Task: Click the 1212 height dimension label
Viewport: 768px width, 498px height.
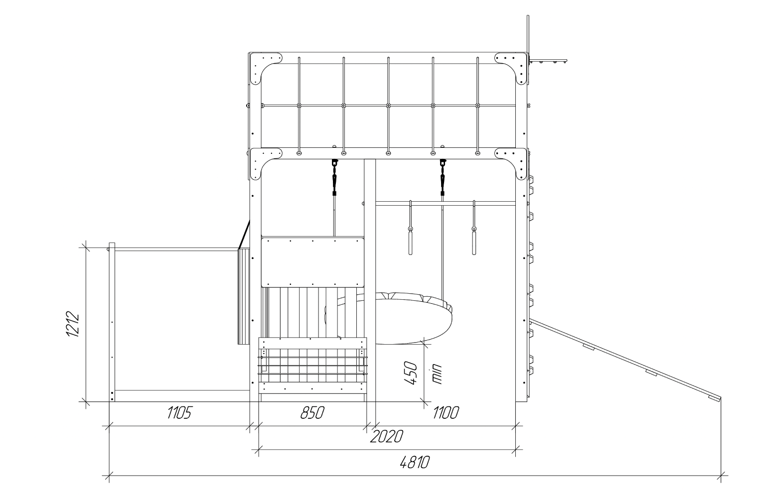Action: (73, 324)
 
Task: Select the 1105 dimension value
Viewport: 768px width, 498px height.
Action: (179, 413)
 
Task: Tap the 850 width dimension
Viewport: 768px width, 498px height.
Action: (312, 413)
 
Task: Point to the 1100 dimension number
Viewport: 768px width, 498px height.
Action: (446, 413)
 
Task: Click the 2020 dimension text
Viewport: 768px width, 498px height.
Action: (386, 436)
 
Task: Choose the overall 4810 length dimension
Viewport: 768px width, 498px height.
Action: (415, 463)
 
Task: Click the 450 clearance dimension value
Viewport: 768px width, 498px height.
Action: (411, 373)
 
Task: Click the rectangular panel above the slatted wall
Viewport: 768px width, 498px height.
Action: (312, 261)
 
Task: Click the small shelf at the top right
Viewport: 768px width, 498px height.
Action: (548, 61)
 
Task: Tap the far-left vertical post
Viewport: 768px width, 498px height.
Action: (112, 322)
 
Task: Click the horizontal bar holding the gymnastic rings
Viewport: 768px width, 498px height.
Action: (446, 204)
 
